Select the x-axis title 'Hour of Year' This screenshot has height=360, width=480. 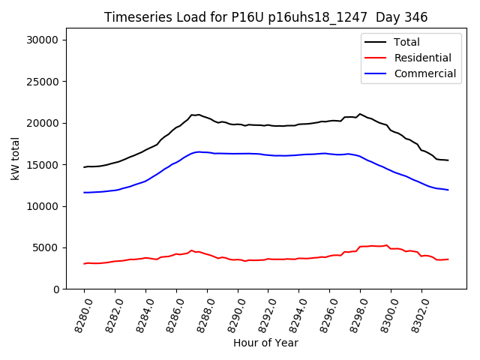(x=265, y=343)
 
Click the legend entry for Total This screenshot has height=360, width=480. (x=406, y=42)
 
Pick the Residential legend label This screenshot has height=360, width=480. (x=422, y=58)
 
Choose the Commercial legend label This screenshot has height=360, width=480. (x=424, y=73)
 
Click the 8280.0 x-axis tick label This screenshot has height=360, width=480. (x=78, y=313)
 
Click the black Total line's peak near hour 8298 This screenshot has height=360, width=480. (x=360, y=114)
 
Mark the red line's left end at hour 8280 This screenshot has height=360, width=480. (x=84, y=263)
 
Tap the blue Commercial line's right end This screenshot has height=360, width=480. (x=448, y=190)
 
